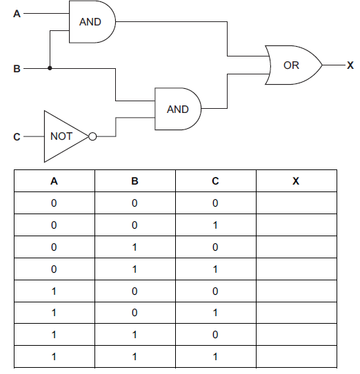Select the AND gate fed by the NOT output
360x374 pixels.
tap(178, 109)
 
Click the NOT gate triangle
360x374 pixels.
tap(63, 136)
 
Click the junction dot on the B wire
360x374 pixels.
tap(50, 68)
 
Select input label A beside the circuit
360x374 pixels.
tap(17, 13)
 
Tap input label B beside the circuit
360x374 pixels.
tap(17, 69)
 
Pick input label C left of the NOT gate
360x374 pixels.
tap(17, 137)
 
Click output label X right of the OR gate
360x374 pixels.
tap(350, 65)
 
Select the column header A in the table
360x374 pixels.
tap(54, 181)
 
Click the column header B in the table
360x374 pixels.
tap(134, 181)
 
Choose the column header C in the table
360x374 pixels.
tap(215, 181)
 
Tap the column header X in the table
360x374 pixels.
tap(296, 181)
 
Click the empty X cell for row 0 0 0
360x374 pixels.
tap(296, 203)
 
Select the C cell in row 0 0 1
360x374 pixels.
tap(215, 225)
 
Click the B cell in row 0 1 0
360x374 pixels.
tap(134, 247)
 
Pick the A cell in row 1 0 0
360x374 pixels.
tap(54, 291)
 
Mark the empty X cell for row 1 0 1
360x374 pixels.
tap(296, 314)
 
